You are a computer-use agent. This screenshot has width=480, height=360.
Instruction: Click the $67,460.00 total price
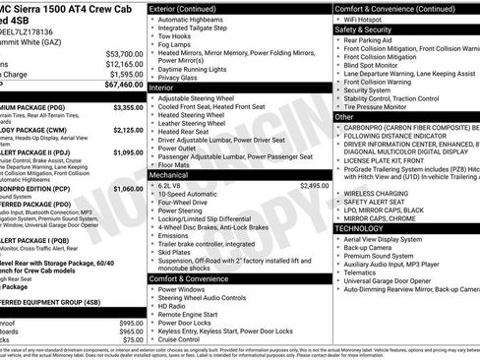click(x=116, y=86)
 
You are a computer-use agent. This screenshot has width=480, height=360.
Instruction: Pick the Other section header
click(x=344, y=117)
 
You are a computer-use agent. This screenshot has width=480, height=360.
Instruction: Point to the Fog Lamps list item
click(x=178, y=45)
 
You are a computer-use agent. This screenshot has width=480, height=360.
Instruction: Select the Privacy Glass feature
click(x=182, y=76)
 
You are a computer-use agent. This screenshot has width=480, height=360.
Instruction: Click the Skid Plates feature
click(x=178, y=252)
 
